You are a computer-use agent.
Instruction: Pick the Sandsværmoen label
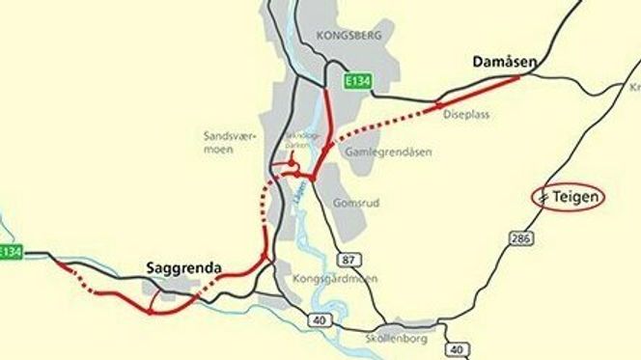[229, 143]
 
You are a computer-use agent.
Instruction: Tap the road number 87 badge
[348, 259]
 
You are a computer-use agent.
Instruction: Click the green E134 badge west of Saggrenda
[10, 252]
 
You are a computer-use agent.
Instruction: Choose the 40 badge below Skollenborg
[457, 349]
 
